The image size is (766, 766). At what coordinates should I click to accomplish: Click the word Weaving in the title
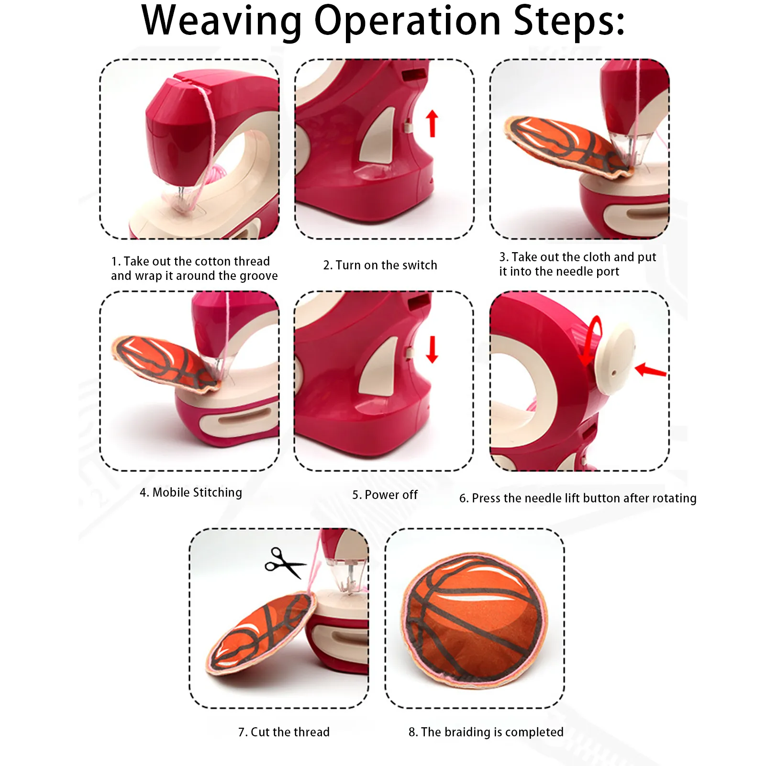click(x=222, y=21)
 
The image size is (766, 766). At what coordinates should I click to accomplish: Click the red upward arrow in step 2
click(x=432, y=123)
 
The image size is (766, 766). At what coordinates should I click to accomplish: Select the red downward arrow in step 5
click(x=432, y=349)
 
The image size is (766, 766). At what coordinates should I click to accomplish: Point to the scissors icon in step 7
click(x=285, y=563)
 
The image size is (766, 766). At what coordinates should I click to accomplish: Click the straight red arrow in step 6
click(x=650, y=369)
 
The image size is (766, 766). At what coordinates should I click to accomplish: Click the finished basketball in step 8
click(x=475, y=621)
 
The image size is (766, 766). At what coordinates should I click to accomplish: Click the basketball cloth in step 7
click(x=261, y=633)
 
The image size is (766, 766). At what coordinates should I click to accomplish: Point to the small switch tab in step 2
click(x=408, y=127)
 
